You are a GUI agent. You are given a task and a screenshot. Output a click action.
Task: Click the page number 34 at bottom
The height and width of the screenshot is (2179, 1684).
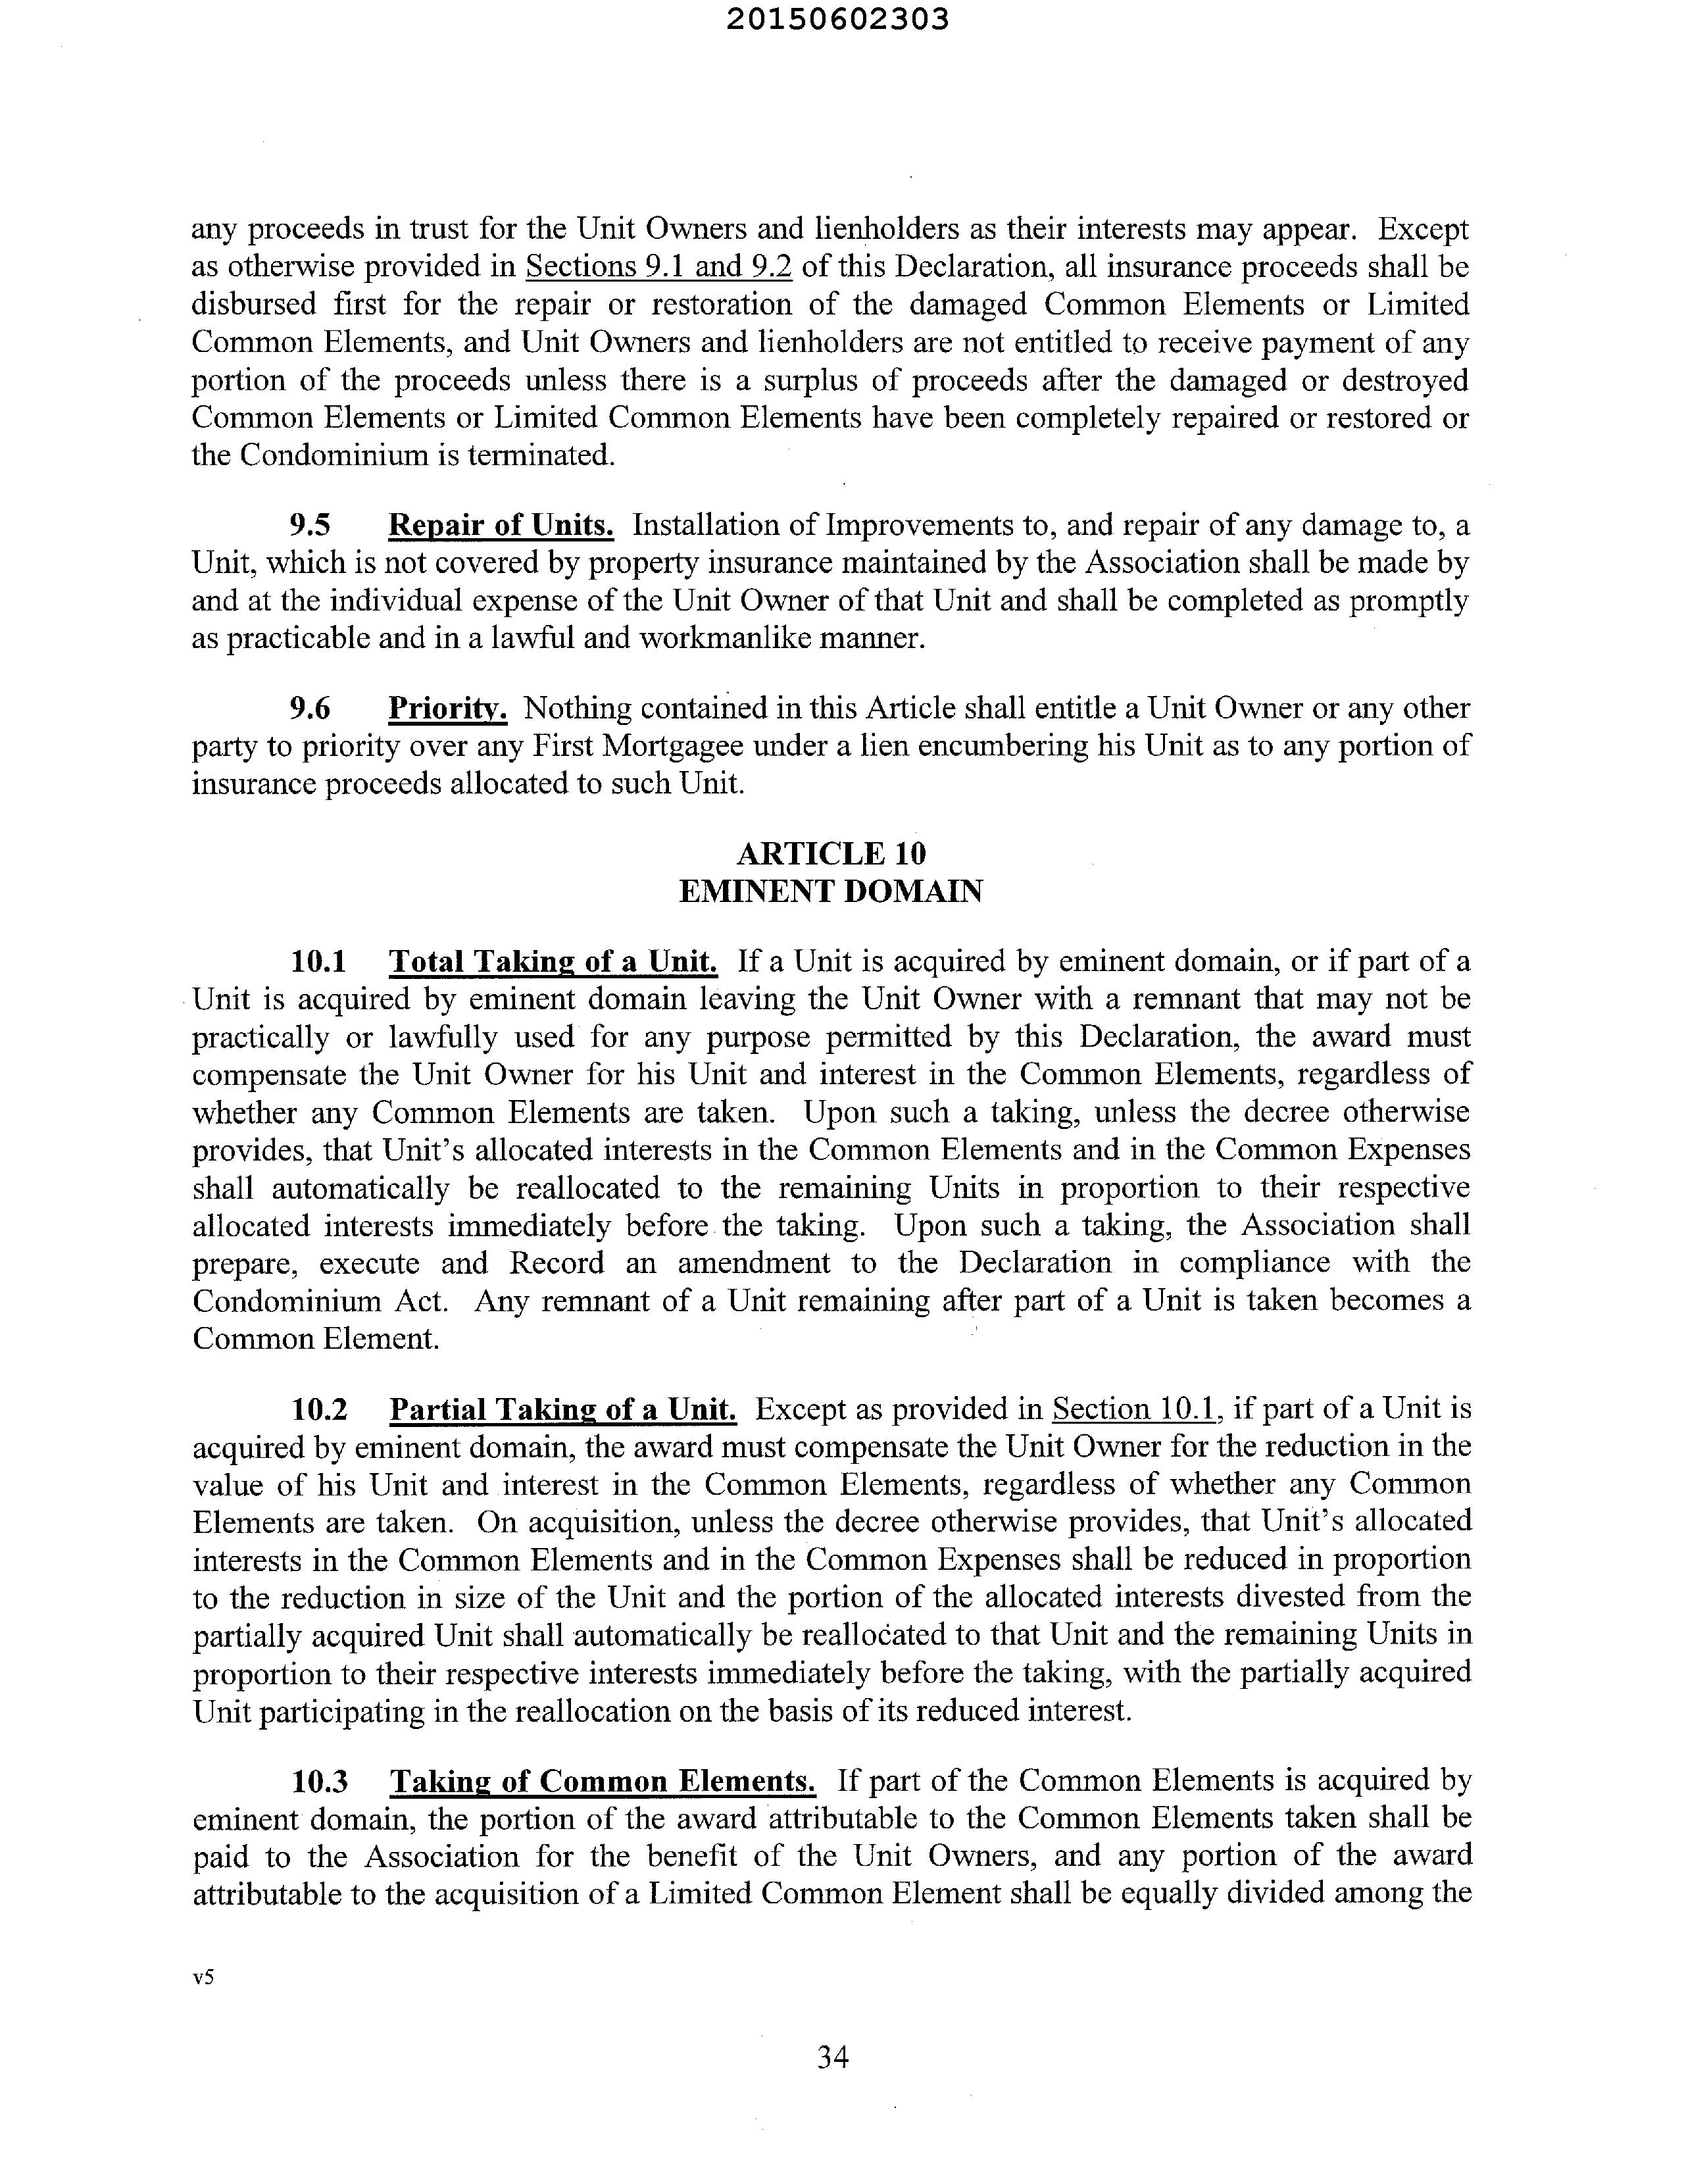click(832, 2056)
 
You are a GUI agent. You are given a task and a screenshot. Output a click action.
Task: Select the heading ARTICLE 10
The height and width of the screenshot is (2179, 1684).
click(831, 853)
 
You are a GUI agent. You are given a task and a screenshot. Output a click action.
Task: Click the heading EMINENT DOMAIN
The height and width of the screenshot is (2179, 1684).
click(831, 891)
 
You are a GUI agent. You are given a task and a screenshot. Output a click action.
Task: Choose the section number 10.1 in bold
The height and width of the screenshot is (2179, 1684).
click(318, 962)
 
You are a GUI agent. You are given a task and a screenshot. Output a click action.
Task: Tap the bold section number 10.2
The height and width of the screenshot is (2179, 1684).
click(319, 1410)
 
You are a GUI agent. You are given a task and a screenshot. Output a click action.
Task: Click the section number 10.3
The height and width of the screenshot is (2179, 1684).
click(319, 1782)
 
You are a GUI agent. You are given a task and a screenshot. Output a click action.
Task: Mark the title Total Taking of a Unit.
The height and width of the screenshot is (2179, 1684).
click(553, 962)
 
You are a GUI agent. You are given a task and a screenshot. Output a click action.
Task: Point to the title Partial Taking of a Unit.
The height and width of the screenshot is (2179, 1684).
click(562, 1410)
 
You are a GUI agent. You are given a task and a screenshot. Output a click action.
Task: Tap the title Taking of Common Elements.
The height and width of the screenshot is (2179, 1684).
click(603, 1782)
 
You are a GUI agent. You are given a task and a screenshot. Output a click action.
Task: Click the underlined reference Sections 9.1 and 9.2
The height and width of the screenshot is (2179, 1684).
click(658, 267)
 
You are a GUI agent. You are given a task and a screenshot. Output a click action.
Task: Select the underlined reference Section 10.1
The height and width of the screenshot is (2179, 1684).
click(1136, 1410)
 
